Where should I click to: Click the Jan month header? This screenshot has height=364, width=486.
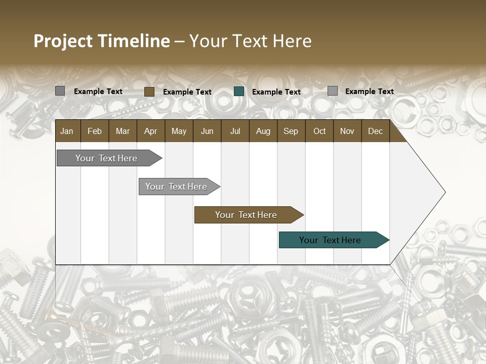(x=67, y=131)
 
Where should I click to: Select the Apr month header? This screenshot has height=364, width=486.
(x=150, y=131)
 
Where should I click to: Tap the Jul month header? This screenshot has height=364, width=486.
(x=235, y=131)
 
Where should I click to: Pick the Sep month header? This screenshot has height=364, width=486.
(x=291, y=131)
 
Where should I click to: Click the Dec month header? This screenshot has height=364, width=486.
(x=375, y=131)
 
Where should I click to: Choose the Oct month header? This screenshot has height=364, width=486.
(x=319, y=131)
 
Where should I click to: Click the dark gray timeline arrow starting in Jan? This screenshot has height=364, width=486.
(x=106, y=158)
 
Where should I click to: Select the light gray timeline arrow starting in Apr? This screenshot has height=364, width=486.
(x=176, y=187)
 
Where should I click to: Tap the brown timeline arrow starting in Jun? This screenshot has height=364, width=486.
(x=246, y=215)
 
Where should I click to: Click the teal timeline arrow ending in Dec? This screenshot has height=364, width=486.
(x=330, y=240)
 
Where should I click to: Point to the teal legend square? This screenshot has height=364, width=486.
(x=239, y=92)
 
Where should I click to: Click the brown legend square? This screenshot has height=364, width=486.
(x=149, y=92)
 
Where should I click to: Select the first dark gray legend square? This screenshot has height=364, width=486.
(x=60, y=91)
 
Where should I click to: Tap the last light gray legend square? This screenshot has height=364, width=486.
(x=333, y=91)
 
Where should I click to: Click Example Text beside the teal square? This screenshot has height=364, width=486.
(x=276, y=92)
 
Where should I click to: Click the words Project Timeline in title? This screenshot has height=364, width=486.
(x=101, y=41)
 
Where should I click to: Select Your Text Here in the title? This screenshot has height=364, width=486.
(x=251, y=41)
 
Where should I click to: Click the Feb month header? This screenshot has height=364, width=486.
(x=95, y=131)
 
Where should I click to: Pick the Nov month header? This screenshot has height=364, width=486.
(x=347, y=131)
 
